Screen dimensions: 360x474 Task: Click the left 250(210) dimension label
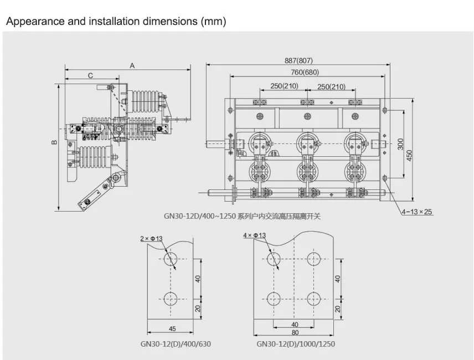point(284,86)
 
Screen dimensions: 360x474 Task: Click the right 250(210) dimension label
point(331,86)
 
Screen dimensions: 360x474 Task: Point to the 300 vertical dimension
point(401,144)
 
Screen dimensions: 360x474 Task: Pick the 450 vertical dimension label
point(410,156)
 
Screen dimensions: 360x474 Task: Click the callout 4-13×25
point(417,212)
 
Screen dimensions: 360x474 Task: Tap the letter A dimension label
point(132,65)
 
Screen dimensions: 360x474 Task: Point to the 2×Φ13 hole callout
point(152,238)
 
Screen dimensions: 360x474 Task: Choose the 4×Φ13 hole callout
point(255,235)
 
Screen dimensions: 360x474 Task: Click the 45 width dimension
point(172,329)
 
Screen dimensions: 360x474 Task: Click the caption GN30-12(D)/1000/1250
point(296,344)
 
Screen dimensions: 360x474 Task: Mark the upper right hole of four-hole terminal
point(314,259)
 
